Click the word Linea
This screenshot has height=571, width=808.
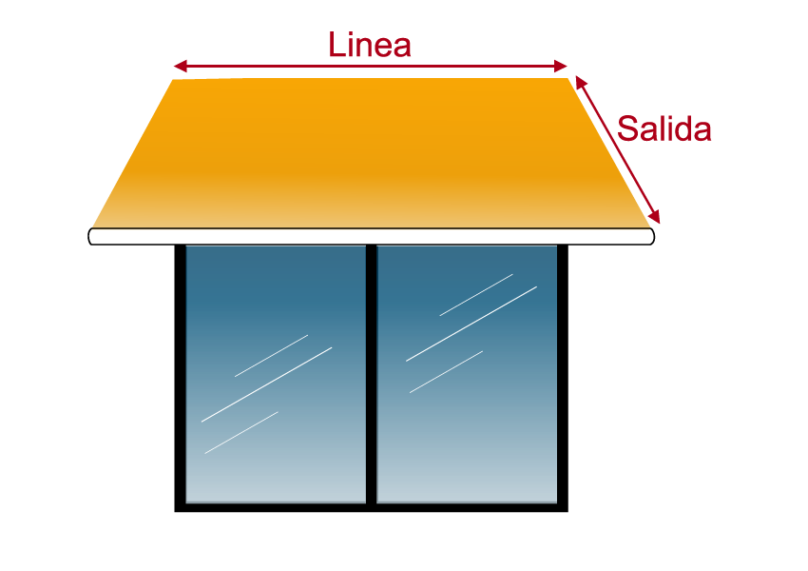[369, 45]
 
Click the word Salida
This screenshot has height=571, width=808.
[664, 128]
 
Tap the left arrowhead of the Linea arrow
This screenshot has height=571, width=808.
[178, 66]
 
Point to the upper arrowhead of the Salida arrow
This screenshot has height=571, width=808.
[579, 81]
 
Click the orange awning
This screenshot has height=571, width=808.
[371, 152]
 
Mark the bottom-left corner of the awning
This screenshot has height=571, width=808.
[94, 226]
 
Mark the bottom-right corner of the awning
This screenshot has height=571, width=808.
[648, 226]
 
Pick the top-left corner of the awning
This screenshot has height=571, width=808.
[174, 80]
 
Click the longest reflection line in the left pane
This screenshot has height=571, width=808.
[266, 384]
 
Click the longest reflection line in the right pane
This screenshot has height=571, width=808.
[471, 324]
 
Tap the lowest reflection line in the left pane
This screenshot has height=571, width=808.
[241, 432]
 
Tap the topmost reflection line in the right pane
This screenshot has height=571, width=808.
[475, 295]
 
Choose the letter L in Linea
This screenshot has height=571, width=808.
[336, 46]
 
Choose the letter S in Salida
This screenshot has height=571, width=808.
[627, 128]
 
